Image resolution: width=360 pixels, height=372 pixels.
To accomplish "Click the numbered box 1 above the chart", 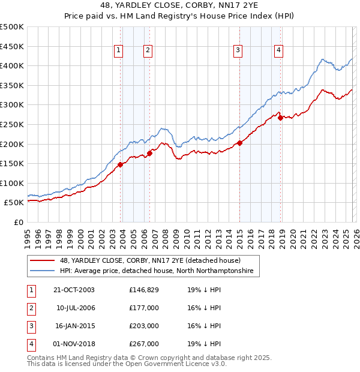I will coord(118,50).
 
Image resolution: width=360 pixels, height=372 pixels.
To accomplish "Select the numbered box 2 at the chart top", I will coord(147,50).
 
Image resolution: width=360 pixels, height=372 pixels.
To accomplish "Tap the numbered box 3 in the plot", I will coord(238,50).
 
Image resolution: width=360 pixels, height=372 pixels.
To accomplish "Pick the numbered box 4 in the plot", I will coord(279,50).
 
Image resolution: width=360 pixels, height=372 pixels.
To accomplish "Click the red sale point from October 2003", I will coord(121,164).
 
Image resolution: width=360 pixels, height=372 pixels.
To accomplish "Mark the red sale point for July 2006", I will coord(149,153).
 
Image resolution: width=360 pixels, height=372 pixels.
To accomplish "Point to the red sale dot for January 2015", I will coord(239,143).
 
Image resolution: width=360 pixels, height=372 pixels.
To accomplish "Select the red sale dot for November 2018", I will coord(280,118).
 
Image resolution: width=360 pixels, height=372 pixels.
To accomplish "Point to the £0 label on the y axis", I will coord(19,222).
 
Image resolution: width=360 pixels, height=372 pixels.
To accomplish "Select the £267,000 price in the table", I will coord(144,344).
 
